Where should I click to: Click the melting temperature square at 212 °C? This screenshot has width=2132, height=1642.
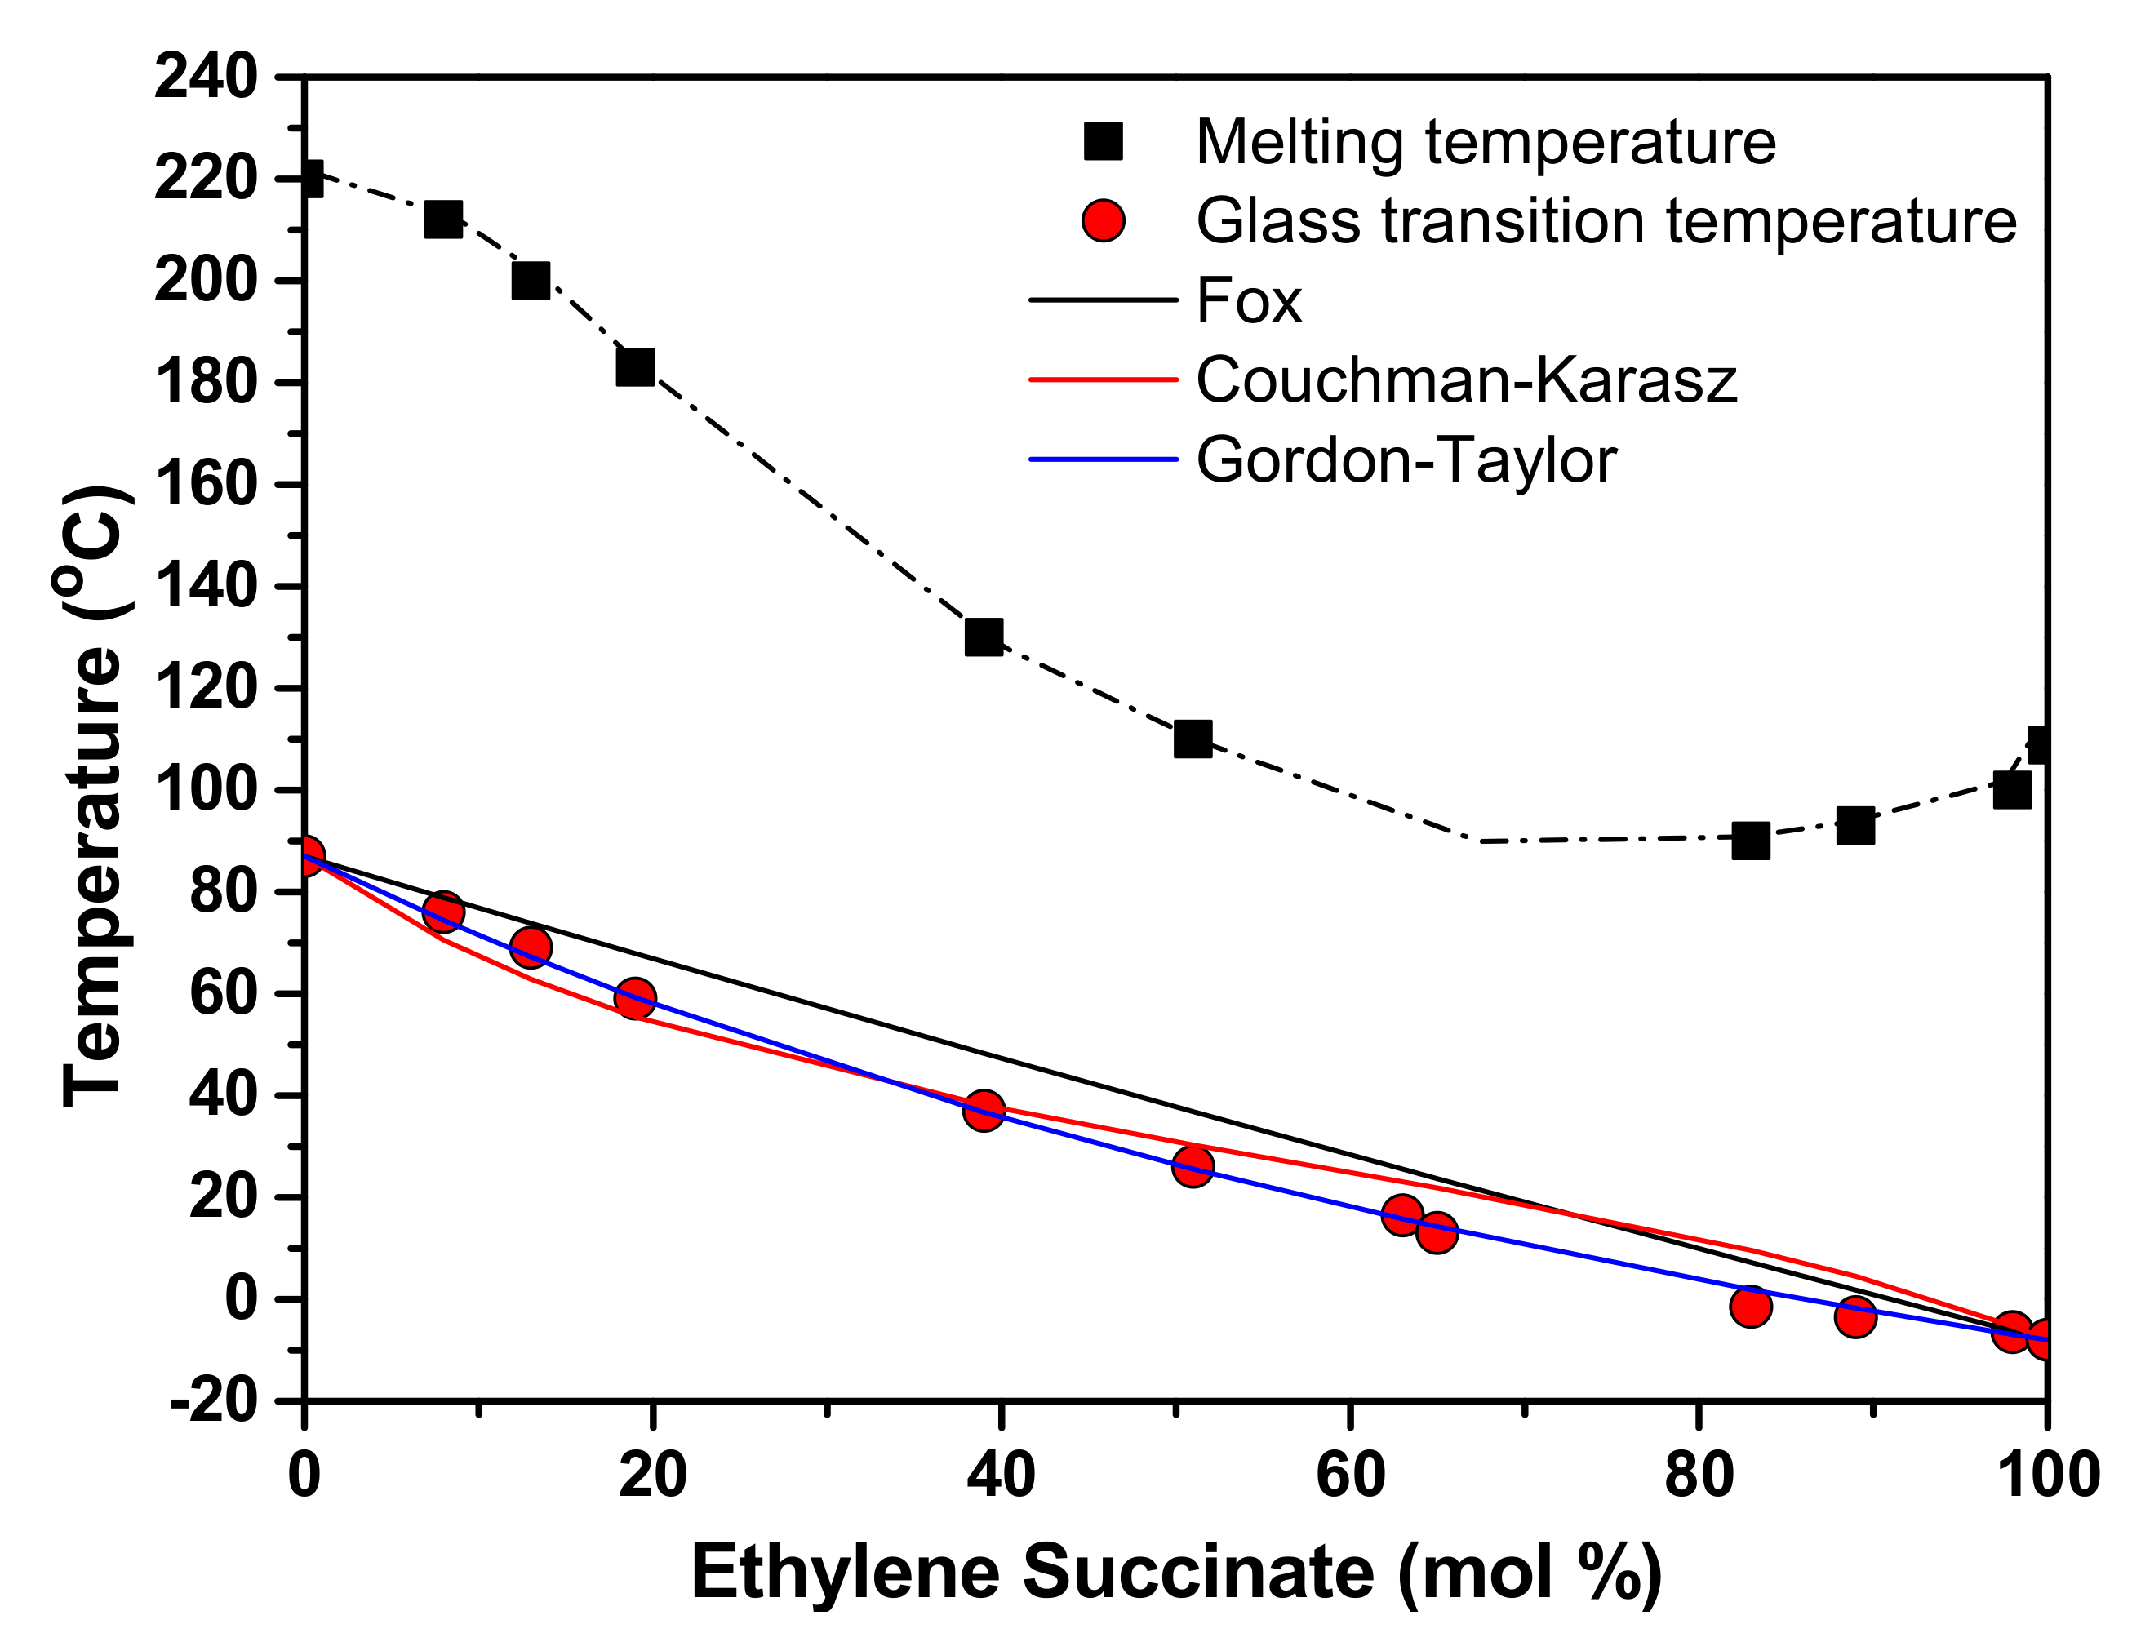[443, 220]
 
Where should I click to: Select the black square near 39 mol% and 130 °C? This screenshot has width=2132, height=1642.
[983, 637]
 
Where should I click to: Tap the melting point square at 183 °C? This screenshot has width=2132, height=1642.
[634, 367]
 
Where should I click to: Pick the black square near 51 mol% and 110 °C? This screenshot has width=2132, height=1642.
[1192, 739]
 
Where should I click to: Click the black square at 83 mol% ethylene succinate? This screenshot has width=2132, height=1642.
[1750, 841]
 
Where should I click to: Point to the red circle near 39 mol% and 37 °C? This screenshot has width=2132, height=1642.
[983, 1110]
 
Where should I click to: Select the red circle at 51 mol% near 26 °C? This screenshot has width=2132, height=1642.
[1192, 1165]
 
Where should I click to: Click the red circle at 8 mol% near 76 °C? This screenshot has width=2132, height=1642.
[443, 911]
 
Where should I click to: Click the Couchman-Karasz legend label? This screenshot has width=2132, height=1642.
[1465, 379]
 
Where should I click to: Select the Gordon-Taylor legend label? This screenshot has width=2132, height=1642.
[1406, 459]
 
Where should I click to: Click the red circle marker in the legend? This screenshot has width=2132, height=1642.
[1103, 220]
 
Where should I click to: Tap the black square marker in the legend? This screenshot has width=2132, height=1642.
[1103, 141]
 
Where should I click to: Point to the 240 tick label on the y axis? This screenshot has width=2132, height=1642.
[206, 77]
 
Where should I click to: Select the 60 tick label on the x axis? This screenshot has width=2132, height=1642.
[1350, 1474]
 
